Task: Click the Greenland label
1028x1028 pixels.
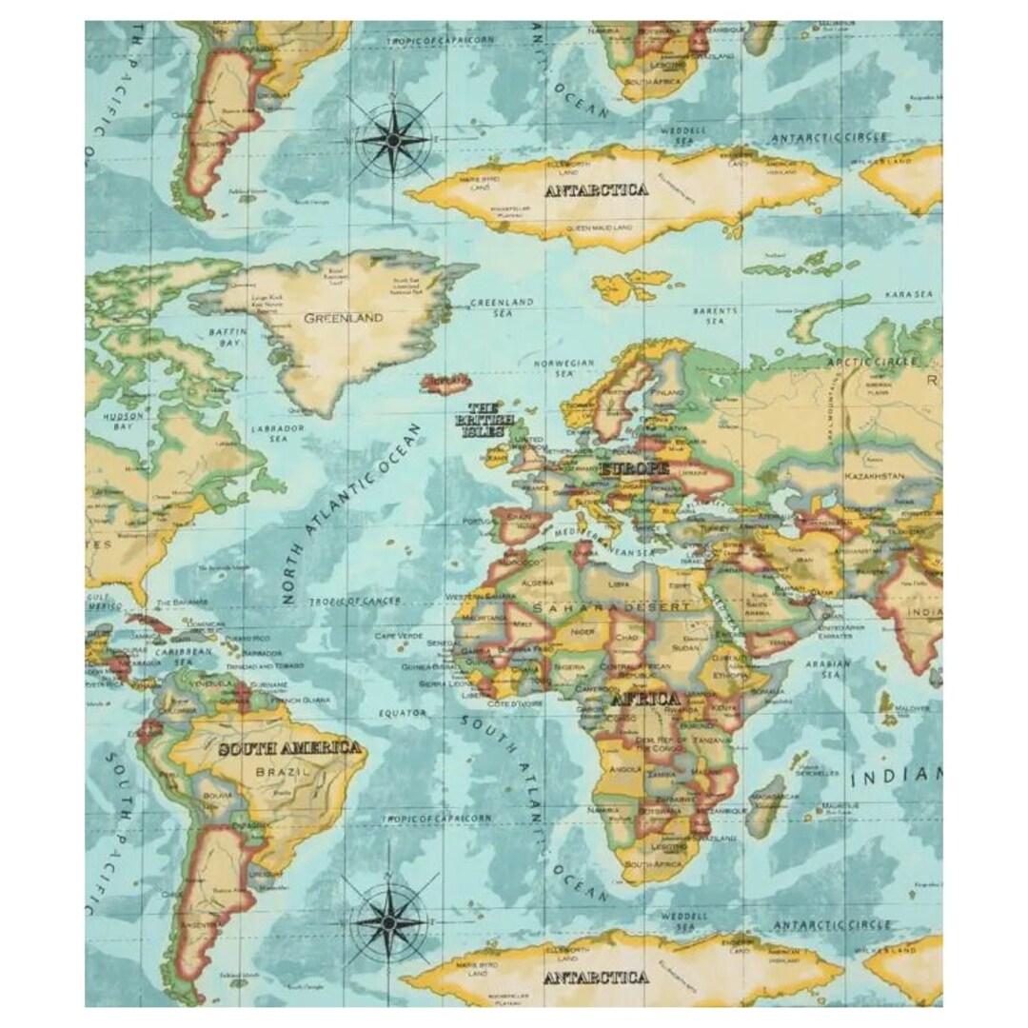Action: coord(344,318)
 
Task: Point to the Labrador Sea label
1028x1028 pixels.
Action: coord(277,434)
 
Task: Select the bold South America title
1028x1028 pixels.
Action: coord(289,748)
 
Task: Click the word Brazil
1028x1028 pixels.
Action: coord(283,772)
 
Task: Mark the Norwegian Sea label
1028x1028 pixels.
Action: coord(563,369)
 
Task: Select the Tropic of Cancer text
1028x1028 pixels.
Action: coord(355,602)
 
